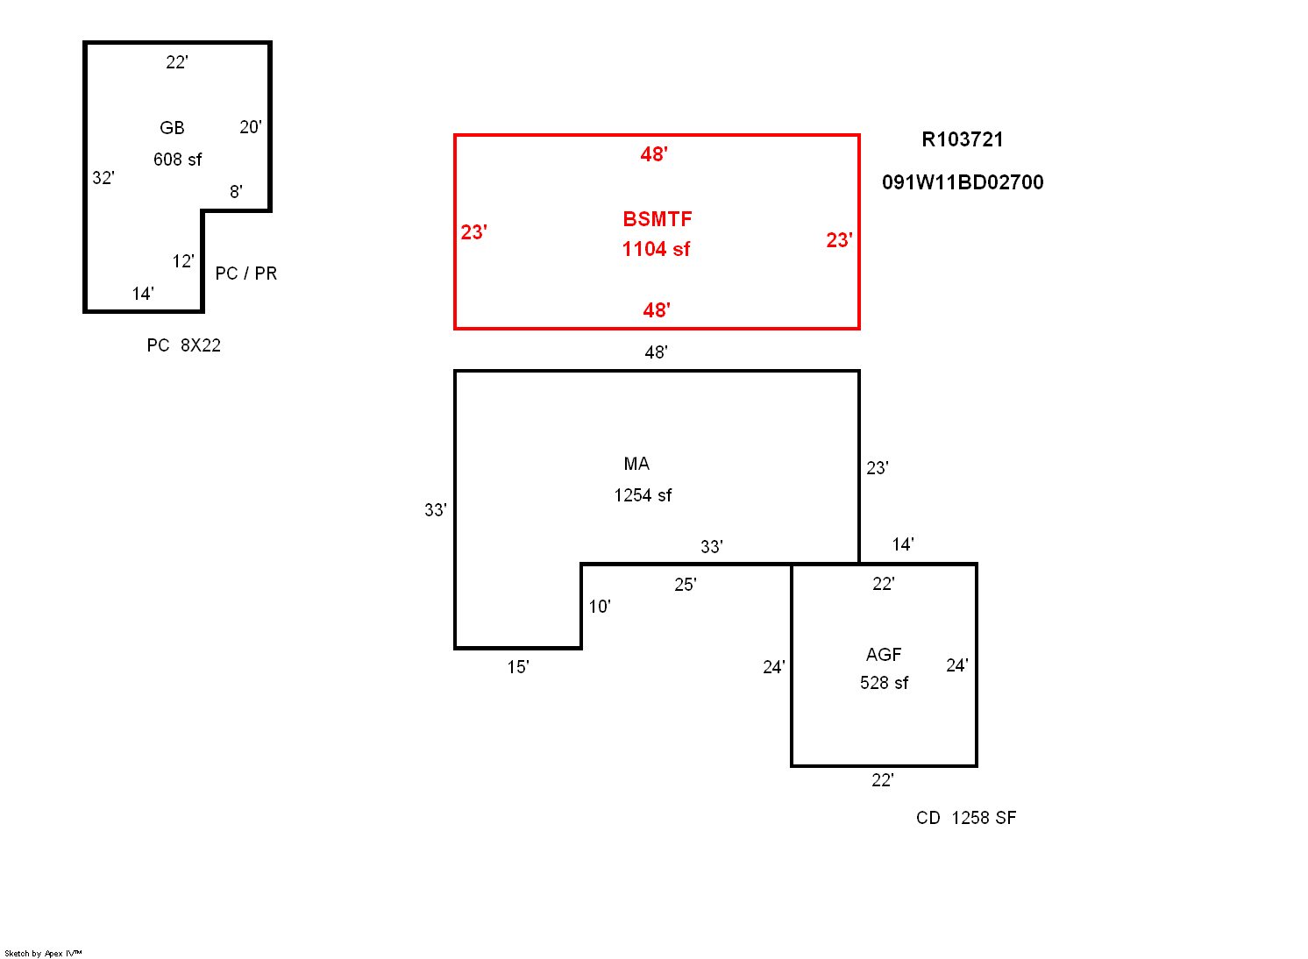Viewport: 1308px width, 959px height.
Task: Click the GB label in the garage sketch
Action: pos(172,128)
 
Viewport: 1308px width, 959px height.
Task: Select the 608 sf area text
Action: pos(177,160)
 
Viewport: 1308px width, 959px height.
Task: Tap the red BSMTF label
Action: pos(657,219)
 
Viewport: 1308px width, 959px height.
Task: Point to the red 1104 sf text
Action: pos(656,249)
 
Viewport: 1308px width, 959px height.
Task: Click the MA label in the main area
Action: pos(636,464)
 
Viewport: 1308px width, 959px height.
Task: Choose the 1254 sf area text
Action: pos(643,495)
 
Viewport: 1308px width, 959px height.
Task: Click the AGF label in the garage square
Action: pos(884,655)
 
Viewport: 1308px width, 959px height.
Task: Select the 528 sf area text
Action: pos(884,683)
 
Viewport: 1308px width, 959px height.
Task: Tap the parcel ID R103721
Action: pos(963,139)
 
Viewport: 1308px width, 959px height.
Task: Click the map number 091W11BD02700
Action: pos(963,182)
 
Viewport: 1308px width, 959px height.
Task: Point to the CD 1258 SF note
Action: pos(966,818)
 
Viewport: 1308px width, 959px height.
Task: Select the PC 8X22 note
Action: pos(183,345)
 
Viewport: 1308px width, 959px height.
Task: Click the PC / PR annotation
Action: pos(245,273)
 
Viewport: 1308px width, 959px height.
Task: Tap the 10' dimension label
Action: pos(599,607)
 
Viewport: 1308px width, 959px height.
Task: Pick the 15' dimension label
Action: pos(518,667)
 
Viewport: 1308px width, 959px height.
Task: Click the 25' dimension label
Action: pos(686,585)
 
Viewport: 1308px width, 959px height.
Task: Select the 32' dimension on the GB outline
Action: pos(103,178)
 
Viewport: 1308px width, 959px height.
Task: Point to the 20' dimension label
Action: pos(251,127)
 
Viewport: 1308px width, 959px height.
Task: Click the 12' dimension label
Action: pos(183,261)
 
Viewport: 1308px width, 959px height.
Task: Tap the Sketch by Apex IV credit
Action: pos(43,954)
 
